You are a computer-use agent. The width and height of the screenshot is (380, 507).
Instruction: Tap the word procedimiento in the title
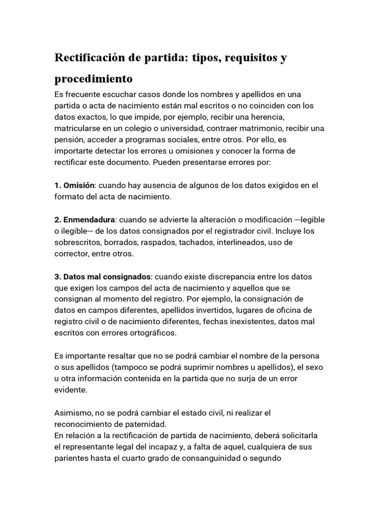(94, 79)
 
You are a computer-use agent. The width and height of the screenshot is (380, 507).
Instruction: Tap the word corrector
(72, 253)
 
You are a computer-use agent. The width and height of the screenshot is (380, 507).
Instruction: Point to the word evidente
(70, 390)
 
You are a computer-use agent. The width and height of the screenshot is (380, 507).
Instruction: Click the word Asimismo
(73, 413)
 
